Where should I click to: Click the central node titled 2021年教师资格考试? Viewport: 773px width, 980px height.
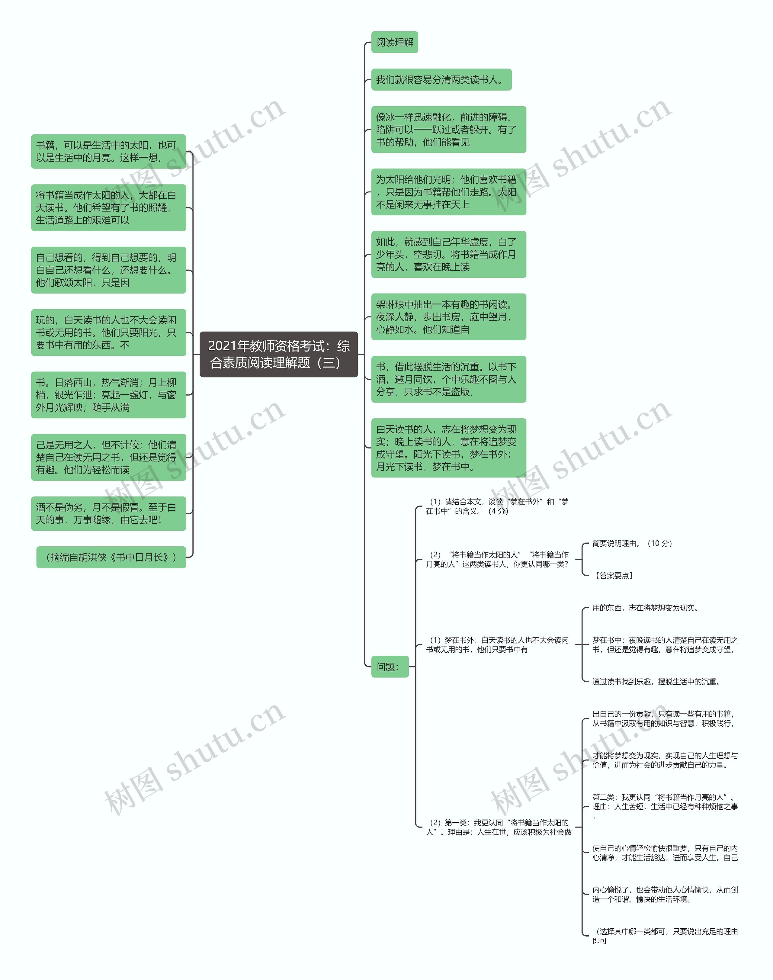coord(278,355)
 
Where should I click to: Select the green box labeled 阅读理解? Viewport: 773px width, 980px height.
coord(394,42)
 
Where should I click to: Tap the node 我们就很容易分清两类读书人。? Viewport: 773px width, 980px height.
coord(441,80)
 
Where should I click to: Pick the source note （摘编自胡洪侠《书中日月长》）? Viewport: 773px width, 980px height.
coord(111,557)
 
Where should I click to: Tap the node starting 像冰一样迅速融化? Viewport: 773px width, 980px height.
coord(448,130)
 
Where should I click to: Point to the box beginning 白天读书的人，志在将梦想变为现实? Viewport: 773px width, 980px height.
coord(448,448)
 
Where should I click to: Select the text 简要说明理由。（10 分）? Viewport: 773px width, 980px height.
coord(632,543)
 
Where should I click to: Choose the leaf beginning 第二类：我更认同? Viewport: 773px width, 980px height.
coord(664,802)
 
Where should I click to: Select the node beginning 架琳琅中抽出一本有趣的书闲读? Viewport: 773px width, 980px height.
coord(448,317)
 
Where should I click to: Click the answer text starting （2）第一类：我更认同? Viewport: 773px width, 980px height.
coord(498,827)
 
